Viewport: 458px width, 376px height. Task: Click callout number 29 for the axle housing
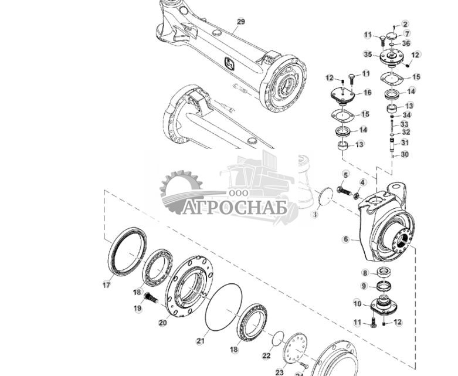pos(240,22)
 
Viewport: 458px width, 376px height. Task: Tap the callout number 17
pos(106,285)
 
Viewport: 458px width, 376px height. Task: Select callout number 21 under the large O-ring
pos(200,340)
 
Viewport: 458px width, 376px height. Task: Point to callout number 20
pos(163,323)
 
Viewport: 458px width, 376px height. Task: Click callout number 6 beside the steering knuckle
pos(346,239)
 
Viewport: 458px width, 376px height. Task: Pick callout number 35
pos(368,55)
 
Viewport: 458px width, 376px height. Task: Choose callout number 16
pos(368,93)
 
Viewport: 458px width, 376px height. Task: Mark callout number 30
pos(405,155)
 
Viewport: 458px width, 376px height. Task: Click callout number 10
pos(357,303)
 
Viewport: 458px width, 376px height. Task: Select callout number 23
pos(279,372)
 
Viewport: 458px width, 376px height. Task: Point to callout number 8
pos(365,273)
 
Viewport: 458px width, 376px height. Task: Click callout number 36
pos(406,43)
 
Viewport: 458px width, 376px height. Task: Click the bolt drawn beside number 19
pos(151,298)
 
